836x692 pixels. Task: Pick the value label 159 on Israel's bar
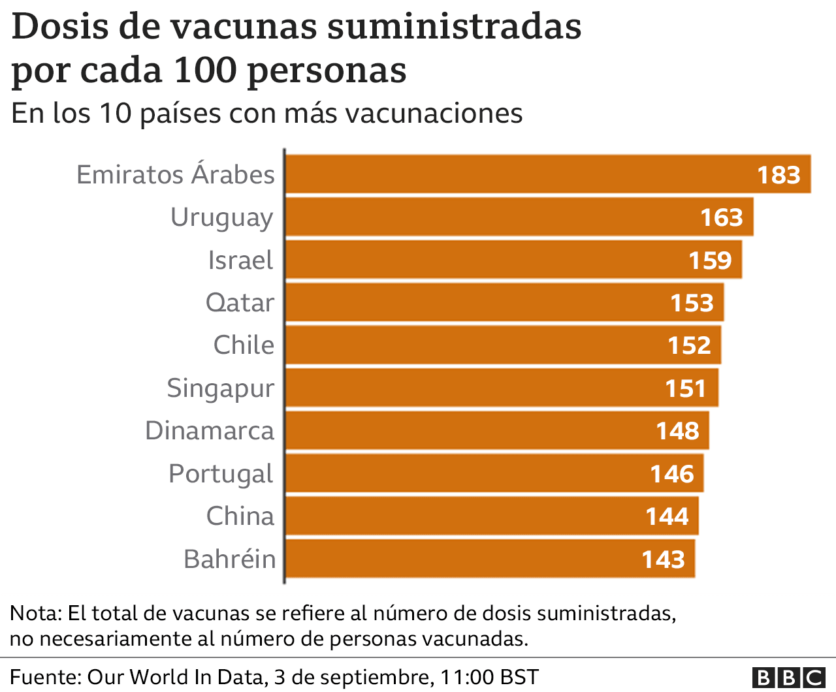click(x=710, y=260)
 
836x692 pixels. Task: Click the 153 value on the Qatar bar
click(x=692, y=303)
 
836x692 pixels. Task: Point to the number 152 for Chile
click(x=689, y=345)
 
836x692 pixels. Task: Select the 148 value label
click(x=678, y=431)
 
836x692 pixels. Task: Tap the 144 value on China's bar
click(x=667, y=516)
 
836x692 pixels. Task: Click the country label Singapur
click(x=221, y=388)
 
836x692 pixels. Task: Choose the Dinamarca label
click(x=210, y=431)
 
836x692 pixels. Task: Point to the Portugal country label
click(x=221, y=474)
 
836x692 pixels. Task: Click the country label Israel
click(x=240, y=260)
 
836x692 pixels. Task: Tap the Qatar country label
click(x=240, y=303)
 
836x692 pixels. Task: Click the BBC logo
click(x=788, y=678)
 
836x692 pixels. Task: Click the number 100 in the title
click(x=207, y=70)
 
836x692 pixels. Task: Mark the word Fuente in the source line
click(x=44, y=677)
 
